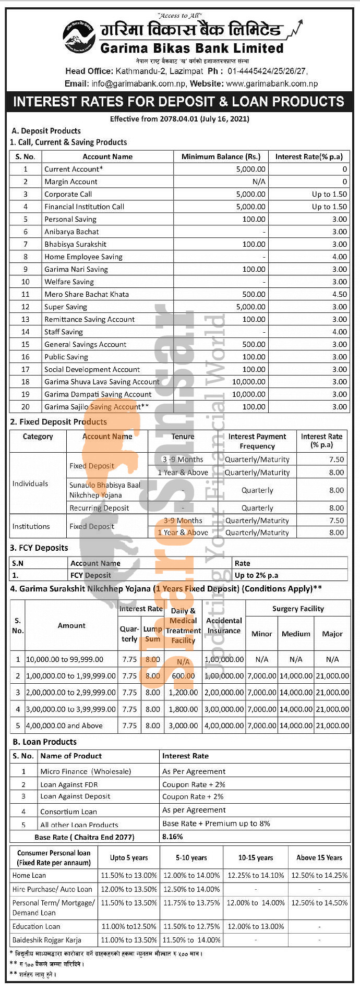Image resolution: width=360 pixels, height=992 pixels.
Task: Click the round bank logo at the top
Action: point(79,37)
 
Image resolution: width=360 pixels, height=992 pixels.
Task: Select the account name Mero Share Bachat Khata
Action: point(86,294)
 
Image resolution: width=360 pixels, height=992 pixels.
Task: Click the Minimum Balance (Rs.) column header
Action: point(221,156)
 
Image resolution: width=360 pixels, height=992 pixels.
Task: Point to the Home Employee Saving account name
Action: point(83,257)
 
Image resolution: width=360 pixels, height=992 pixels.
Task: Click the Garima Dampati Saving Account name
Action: point(98,394)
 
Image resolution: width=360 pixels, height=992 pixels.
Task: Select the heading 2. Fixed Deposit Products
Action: point(58,422)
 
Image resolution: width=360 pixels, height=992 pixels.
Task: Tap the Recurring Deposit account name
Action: point(99,508)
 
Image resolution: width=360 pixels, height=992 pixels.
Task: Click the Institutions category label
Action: point(31,526)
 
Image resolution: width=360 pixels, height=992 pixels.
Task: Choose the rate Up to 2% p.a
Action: point(256,575)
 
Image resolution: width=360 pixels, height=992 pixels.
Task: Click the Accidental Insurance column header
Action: point(224,625)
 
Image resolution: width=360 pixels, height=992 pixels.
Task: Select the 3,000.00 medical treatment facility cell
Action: point(183,725)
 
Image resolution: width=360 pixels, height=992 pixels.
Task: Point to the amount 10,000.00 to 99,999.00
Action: point(65,659)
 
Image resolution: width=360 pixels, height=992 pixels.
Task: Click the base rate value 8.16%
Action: point(173,837)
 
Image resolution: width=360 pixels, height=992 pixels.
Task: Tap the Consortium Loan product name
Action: point(68,812)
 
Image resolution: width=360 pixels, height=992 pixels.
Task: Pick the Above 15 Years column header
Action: point(319,857)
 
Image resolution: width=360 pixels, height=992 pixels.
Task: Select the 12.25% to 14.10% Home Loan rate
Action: point(256,875)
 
